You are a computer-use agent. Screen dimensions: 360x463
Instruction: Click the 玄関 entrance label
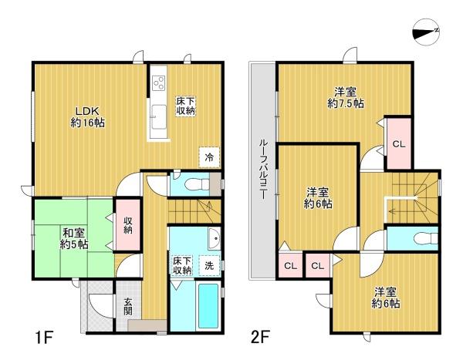click(x=128, y=308)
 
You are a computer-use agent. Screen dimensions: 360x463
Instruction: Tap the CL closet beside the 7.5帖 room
click(x=398, y=144)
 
